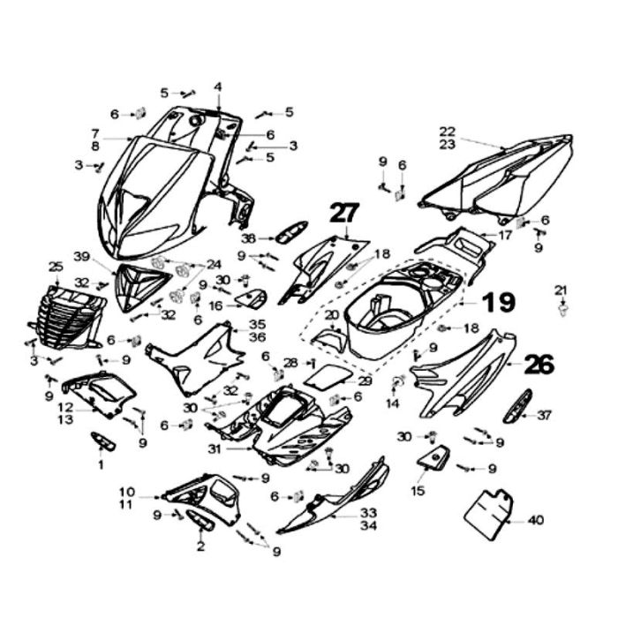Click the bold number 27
click(346, 213)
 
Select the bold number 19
click(498, 304)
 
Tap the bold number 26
click(539, 364)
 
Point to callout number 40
click(536, 520)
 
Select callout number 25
click(56, 266)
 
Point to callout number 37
click(544, 414)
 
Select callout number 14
click(392, 403)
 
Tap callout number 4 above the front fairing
click(218, 87)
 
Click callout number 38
click(249, 238)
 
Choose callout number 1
click(100, 463)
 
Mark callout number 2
click(200, 547)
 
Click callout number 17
click(505, 236)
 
